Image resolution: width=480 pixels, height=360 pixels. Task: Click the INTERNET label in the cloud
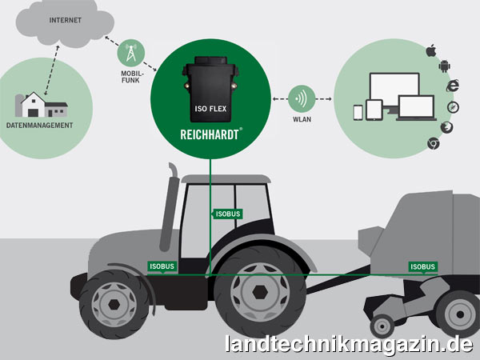coord(66,20)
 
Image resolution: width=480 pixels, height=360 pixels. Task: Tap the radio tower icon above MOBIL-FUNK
coord(131,53)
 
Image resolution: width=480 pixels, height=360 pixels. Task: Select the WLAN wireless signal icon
coord(302,98)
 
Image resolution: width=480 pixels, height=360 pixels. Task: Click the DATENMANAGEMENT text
coord(39,126)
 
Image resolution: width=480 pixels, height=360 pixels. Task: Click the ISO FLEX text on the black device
coord(210,109)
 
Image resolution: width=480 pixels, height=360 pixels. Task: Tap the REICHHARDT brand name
coord(210,134)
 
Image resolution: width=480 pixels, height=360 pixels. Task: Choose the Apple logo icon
coord(431,50)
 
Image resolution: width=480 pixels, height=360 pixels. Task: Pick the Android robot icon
coord(444,66)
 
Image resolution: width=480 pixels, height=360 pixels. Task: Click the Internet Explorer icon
coord(453,86)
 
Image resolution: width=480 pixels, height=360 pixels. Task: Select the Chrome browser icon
coord(433,143)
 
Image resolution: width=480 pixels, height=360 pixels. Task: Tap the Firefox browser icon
coord(446,127)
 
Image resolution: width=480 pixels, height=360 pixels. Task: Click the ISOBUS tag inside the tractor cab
coord(227,214)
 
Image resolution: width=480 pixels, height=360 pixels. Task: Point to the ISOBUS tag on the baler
coord(422,267)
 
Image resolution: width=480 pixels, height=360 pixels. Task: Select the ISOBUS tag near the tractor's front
coord(162,266)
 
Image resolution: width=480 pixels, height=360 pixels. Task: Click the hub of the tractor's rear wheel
coord(260,293)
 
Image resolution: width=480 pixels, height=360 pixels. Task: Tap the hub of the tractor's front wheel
coord(114,304)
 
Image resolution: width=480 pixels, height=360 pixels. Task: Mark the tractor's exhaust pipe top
coord(173,169)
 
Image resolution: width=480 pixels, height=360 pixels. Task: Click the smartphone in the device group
coord(358,113)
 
